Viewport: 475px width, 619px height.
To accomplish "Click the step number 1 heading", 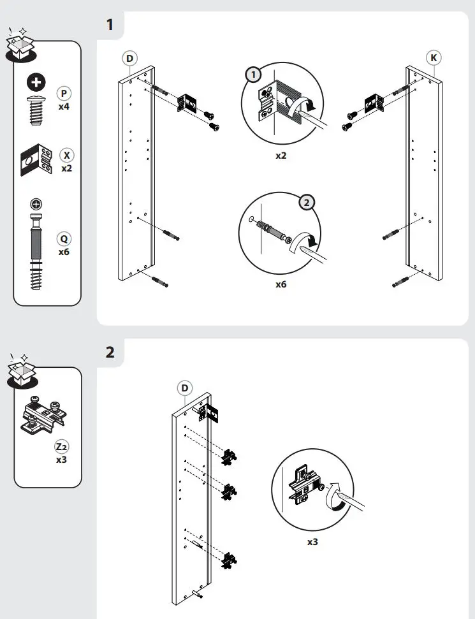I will [x=110, y=25].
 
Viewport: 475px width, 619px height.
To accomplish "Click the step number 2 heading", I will [x=110, y=351].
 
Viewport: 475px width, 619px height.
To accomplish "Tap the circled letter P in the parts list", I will [x=64, y=94].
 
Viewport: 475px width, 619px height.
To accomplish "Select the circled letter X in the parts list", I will [x=66, y=156].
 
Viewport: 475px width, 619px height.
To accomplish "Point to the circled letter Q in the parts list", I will [x=64, y=239].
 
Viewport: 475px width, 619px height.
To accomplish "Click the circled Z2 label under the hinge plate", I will [x=62, y=447].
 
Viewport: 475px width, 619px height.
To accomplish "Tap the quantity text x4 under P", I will [x=64, y=106].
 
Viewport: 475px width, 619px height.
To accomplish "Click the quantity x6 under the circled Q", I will [x=64, y=252].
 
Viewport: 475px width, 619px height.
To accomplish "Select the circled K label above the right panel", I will [x=434, y=58].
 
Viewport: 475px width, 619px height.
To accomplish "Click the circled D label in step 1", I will [x=129, y=58].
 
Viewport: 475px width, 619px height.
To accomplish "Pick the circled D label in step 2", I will [x=184, y=388].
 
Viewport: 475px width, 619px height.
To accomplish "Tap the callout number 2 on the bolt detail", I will [x=307, y=203].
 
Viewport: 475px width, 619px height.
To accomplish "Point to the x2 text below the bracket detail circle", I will [x=281, y=155].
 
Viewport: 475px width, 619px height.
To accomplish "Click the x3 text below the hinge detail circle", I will [x=312, y=542].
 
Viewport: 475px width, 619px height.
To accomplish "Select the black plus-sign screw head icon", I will [x=37, y=82].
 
